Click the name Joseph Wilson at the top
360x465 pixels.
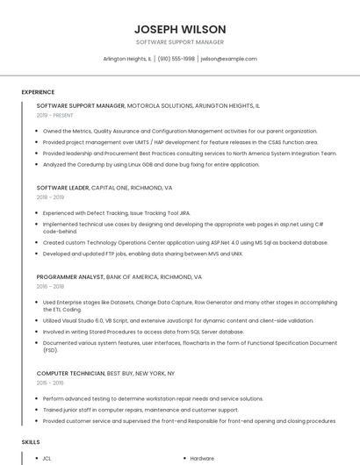click(x=180, y=29)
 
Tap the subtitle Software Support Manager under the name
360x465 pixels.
click(x=180, y=42)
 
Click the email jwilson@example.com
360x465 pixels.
click(x=228, y=59)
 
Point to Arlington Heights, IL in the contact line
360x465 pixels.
click(x=127, y=59)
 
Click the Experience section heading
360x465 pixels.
click(x=38, y=92)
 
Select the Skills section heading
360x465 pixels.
click(x=31, y=442)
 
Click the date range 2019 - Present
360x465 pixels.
click(x=54, y=115)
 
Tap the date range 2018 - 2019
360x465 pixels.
click(x=51, y=197)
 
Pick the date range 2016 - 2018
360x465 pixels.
click(x=51, y=286)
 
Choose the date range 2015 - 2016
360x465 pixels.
click(x=51, y=383)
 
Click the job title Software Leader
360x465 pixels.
click(x=62, y=188)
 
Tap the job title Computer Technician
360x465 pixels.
click(x=70, y=374)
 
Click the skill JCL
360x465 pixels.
click(x=47, y=458)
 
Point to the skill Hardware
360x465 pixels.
click(x=202, y=458)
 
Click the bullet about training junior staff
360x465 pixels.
click(x=140, y=410)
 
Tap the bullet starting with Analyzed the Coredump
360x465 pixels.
click(x=139, y=164)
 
